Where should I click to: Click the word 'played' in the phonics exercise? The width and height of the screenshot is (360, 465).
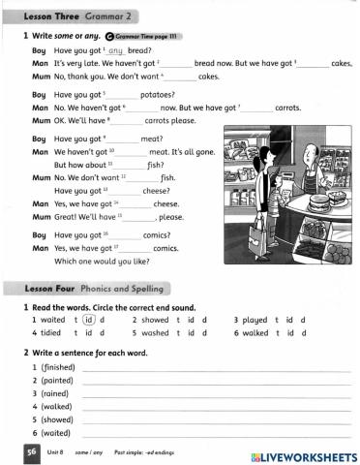[x=255, y=320]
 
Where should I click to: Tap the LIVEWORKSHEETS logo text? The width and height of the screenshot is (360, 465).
[x=304, y=455]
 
